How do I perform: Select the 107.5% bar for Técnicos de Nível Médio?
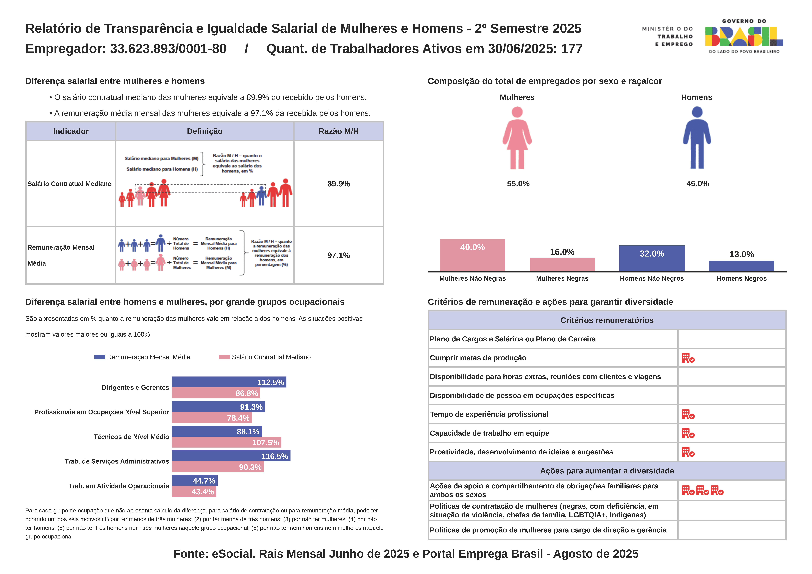(x=226, y=442)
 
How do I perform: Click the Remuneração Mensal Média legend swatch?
(x=100, y=357)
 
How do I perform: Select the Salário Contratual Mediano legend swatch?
(x=225, y=357)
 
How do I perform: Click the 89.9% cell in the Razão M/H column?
(x=338, y=184)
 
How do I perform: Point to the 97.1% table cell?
(x=338, y=255)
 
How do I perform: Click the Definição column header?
(x=205, y=131)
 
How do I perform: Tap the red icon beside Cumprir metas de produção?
(x=688, y=358)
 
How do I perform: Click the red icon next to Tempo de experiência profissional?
(x=688, y=414)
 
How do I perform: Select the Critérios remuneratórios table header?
(x=607, y=320)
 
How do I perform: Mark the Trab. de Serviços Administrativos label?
(x=117, y=461)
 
